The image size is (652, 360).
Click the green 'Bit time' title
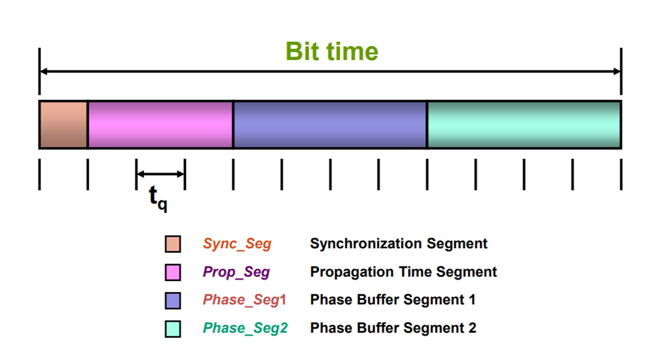click(332, 52)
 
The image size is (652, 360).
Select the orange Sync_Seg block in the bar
click(63, 125)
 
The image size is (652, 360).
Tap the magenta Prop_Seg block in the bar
click(161, 125)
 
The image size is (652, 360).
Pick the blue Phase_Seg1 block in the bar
click(330, 125)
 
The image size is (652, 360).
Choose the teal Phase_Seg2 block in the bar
click(524, 125)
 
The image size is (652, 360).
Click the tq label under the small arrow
click(158, 198)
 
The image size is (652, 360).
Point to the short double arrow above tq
click(161, 174)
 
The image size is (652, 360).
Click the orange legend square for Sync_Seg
click(172, 244)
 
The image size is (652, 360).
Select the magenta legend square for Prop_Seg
click(172, 272)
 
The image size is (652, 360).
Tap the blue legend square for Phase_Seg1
click(172, 301)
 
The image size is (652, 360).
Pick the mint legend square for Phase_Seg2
click(172, 329)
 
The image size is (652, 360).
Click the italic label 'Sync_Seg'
click(237, 244)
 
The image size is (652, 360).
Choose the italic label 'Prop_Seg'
click(236, 272)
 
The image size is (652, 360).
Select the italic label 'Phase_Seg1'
click(244, 300)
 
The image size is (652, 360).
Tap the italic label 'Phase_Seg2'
click(246, 328)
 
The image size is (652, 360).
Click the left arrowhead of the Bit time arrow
click(44, 71)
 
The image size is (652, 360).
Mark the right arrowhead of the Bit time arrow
click(617, 71)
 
